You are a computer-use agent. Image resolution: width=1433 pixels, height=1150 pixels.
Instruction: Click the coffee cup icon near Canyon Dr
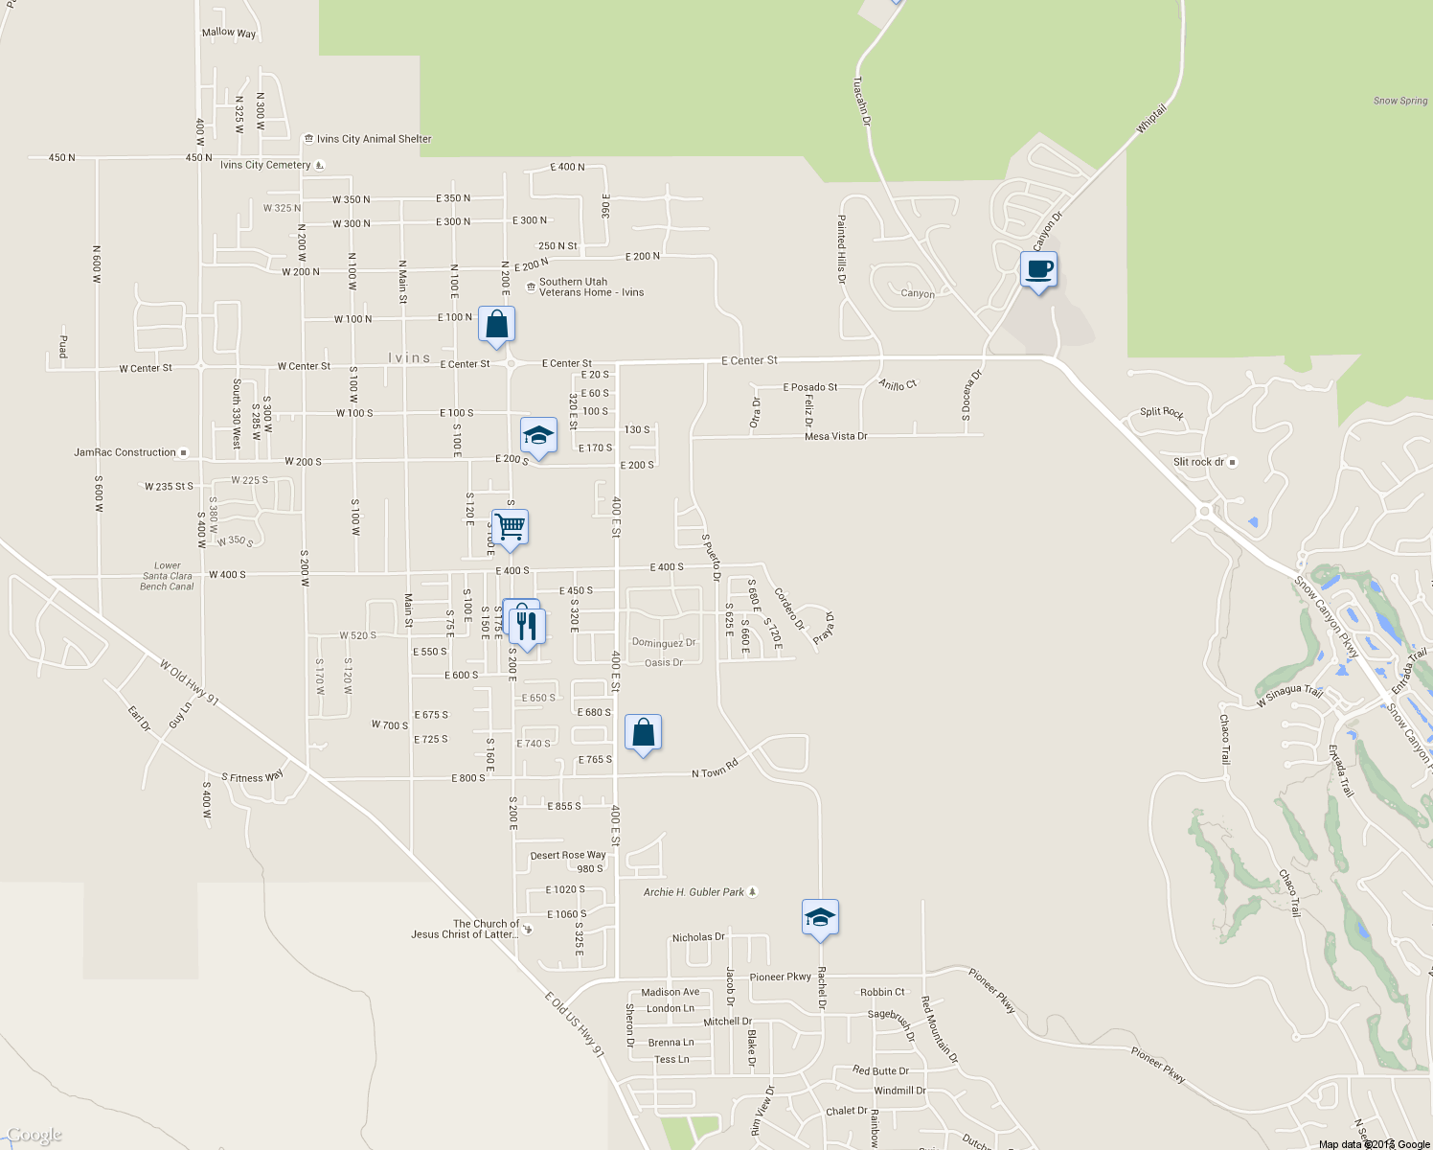(1038, 269)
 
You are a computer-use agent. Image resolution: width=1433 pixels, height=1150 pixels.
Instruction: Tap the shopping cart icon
(510, 527)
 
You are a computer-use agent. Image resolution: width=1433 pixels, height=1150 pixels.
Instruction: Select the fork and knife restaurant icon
(526, 626)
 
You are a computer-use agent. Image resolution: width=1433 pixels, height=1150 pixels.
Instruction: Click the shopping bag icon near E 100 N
(496, 325)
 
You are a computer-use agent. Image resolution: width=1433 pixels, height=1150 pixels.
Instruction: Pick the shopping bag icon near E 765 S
(644, 733)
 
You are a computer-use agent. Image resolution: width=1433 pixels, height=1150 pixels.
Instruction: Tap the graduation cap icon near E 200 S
(538, 436)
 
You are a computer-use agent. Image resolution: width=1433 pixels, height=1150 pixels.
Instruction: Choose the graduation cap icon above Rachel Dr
(820, 917)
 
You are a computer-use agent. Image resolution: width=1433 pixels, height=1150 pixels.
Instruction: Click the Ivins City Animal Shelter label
(374, 139)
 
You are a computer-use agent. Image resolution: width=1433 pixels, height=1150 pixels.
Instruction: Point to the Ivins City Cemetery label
(265, 165)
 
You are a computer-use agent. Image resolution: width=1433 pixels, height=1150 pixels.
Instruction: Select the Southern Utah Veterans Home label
(590, 287)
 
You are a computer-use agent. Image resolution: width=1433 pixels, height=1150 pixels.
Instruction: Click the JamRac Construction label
(125, 452)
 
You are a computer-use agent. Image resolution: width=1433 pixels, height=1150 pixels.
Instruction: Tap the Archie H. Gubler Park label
(694, 892)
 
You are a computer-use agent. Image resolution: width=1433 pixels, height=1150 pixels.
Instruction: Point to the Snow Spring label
(1399, 101)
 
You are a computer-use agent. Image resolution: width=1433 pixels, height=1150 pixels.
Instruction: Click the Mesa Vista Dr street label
(835, 436)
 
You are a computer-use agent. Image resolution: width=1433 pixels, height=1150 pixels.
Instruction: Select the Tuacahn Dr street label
(862, 102)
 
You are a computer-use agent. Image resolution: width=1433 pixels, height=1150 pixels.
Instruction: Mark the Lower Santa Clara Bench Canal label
(167, 576)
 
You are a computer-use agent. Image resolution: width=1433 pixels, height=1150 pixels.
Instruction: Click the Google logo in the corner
(34, 1136)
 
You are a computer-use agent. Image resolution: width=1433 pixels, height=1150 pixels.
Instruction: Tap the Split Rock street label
(1161, 412)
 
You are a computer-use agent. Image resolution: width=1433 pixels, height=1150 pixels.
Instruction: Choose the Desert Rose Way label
(567, 855)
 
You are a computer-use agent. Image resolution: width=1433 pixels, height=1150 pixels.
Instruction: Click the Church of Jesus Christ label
(466, 930)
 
